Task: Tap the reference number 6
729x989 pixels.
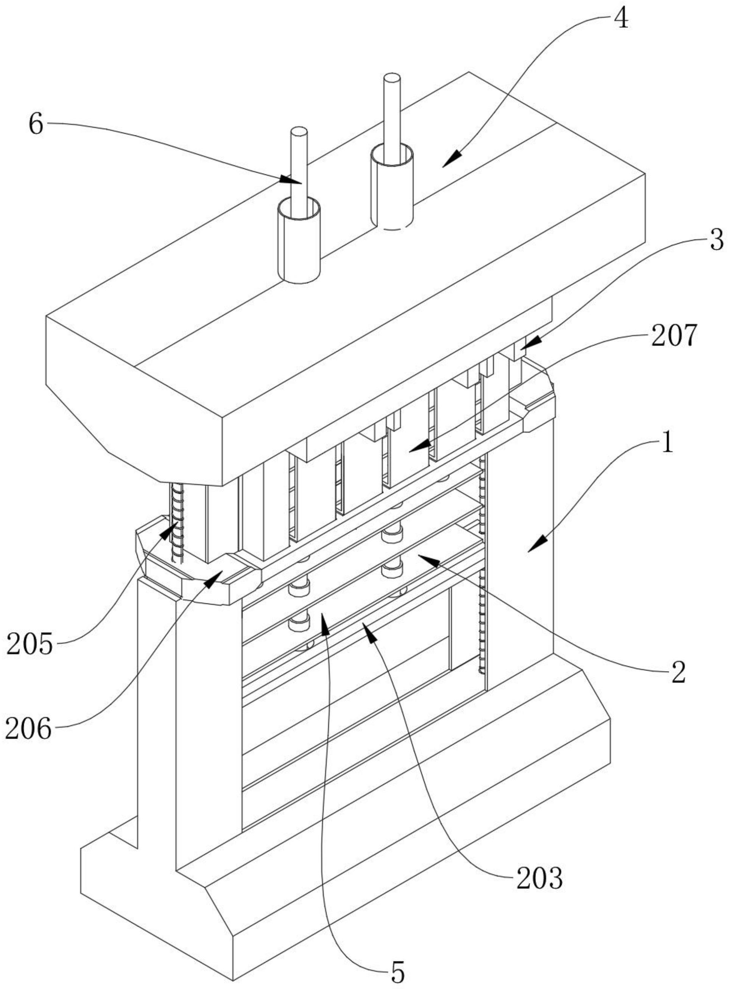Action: [x=36, y=125]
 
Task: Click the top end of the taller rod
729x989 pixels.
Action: [x=392, y=79]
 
